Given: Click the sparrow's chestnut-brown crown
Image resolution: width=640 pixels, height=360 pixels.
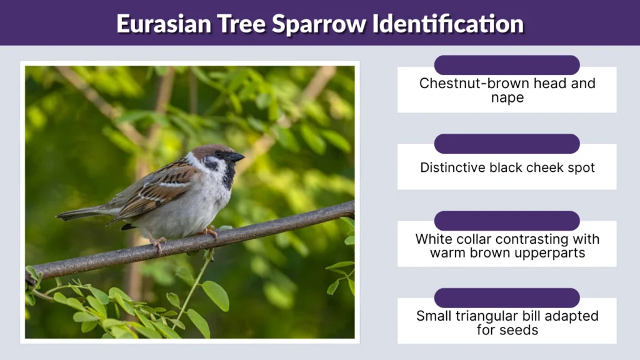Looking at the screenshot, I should pos(206,150).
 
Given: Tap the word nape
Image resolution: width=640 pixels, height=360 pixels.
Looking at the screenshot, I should pos(507,98).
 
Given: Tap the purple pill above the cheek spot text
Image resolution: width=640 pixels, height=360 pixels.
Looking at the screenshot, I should pos(507,143).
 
